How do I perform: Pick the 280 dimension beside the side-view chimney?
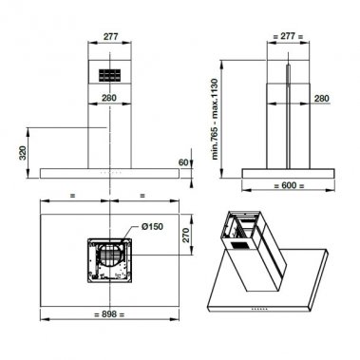coord(322,98)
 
